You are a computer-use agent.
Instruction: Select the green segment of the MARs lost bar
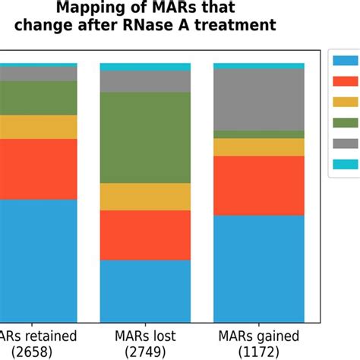(145, 137)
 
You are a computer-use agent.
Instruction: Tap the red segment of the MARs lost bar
(145, 235)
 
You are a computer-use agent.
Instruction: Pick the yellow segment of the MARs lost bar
(145, 197)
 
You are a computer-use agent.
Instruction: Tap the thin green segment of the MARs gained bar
(259, 134)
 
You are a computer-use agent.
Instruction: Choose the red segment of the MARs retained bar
(38, 169)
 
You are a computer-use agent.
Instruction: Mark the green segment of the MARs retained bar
(38, 97)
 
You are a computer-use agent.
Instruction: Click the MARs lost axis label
(145, 336)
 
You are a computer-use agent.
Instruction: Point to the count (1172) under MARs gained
(259, 352)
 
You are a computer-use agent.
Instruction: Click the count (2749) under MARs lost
(145, 352)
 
